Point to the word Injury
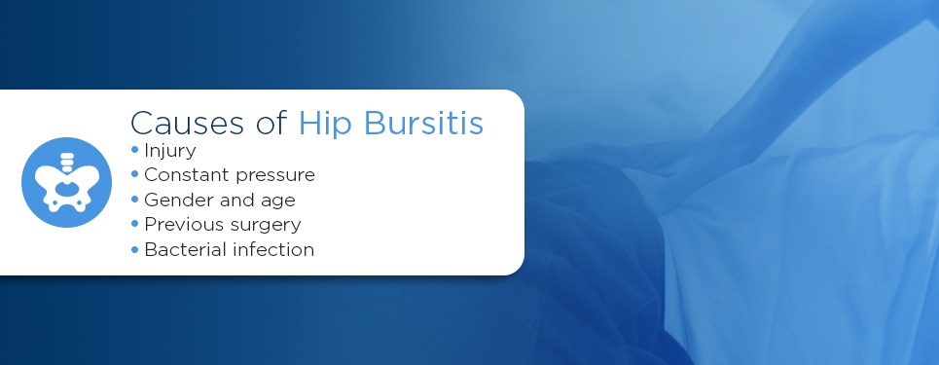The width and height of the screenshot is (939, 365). click(170, 151)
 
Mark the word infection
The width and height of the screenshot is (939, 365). click(274, 249)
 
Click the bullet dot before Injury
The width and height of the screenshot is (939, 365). click(134, 150)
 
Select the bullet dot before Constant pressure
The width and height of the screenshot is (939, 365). click(134, 174)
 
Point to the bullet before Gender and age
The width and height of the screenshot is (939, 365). click(134, 200)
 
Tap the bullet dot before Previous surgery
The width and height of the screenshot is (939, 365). click(134, 224)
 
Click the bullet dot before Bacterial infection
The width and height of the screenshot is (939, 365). click(134, 249)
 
